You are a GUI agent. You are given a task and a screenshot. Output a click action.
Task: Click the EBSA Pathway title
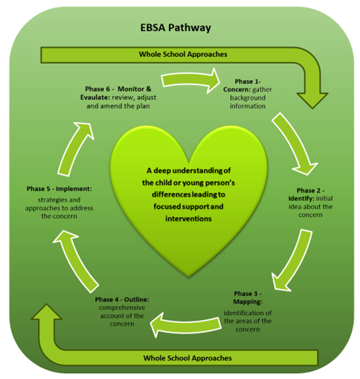(x=175, y=28)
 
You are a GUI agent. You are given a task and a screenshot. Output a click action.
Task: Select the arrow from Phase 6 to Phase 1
(x=190, y=81)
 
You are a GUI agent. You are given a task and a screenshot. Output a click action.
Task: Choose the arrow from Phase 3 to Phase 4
(x=185, y=324)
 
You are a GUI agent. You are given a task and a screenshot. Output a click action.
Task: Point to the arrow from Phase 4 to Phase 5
(x=75, y=261)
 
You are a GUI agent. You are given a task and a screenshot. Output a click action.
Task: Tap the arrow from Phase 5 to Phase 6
(x=76, y=148)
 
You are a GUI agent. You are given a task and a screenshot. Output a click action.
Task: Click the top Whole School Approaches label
(x=183, y=54)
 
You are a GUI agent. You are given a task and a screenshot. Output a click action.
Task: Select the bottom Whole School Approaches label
(x=188, y=358)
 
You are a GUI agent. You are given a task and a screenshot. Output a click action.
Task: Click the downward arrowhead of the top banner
(x=312, y=100)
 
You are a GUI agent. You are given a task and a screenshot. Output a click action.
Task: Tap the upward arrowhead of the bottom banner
(x=46, y=312)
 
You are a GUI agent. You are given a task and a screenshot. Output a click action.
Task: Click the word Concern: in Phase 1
(x=237, y=89)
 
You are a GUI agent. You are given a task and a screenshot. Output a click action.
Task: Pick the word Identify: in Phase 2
(x=302, y=198)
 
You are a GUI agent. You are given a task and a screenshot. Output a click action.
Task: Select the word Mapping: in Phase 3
(x=247, y=302)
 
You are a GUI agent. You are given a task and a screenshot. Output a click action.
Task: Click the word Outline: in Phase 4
(x=136, y=300)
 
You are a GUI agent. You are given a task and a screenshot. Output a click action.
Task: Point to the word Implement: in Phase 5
(x=74, y=189)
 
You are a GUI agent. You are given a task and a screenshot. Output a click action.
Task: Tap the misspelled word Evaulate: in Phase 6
(x=95, y=97)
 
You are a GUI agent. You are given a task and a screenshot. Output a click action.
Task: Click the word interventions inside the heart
(x=188, y=219)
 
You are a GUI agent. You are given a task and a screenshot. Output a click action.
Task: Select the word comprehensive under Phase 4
(x=122, y=308)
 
